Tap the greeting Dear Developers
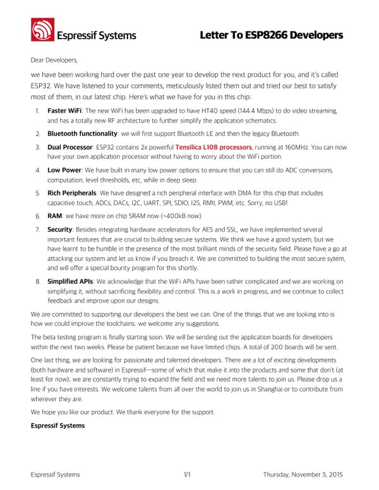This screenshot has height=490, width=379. click(x=54, y=61)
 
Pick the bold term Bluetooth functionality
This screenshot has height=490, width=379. click(x=83, y=133)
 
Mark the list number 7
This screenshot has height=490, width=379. click(x=38, y=229)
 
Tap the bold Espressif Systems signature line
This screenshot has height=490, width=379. click(x=57, y=426)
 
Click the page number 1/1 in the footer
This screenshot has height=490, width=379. click(x=187, y=474)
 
